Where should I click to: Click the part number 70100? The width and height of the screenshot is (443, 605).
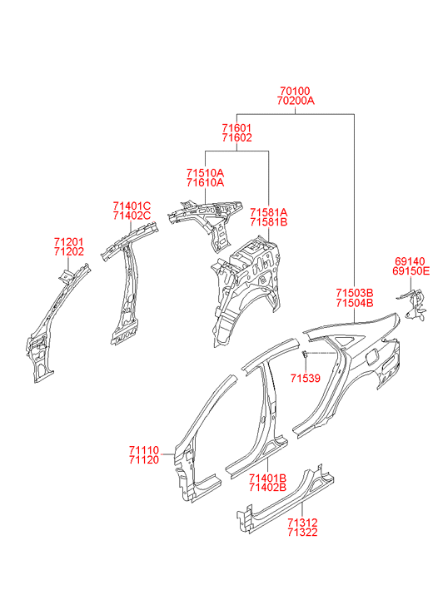pos(295,91)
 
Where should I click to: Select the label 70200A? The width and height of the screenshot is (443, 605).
pos(296,101)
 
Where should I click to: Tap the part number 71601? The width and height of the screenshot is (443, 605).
pos(236,127)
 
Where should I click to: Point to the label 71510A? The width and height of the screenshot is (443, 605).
pos(205,172)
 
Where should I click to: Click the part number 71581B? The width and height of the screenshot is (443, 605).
pos(268,222)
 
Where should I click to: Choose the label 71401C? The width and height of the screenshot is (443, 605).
pos(132,206)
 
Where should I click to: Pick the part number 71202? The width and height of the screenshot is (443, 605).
pos(69,251)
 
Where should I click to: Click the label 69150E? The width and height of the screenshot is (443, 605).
pos(411,270)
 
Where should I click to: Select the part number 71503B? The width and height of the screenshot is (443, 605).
pos(355,293)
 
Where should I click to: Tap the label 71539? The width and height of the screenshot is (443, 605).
pos(306,379)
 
